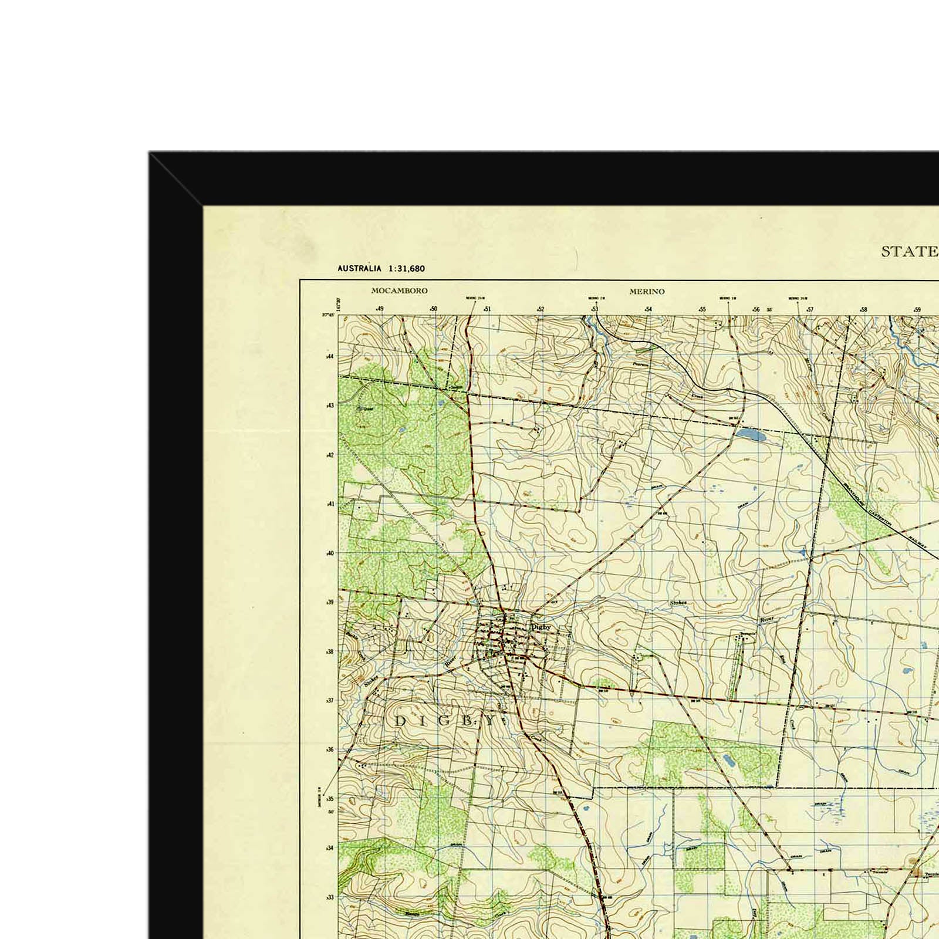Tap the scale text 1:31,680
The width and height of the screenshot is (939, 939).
click(x=406, y=269)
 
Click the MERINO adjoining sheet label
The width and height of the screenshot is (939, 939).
click(x=647, y=292)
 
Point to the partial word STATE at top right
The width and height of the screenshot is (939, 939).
click(x=909, y=252)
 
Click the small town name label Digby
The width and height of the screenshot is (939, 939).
click(x=541, y=627)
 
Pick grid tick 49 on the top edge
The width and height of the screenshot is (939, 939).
click(x=380, y=309)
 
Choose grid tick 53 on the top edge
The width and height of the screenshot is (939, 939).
click(x=595, y=309)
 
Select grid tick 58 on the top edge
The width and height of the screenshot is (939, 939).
click(x=863, y=309)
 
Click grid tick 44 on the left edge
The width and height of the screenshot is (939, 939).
click(x=329, y=356)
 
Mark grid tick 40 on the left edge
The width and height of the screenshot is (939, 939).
click(x=329, y=553)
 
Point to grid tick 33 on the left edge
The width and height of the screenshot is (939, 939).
click(x=329, y=897)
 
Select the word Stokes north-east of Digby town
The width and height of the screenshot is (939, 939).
click(x=678, y=603)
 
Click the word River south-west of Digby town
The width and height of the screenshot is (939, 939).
click(x=450, y=661)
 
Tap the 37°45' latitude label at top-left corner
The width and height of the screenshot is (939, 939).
click(x=327, y=315)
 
